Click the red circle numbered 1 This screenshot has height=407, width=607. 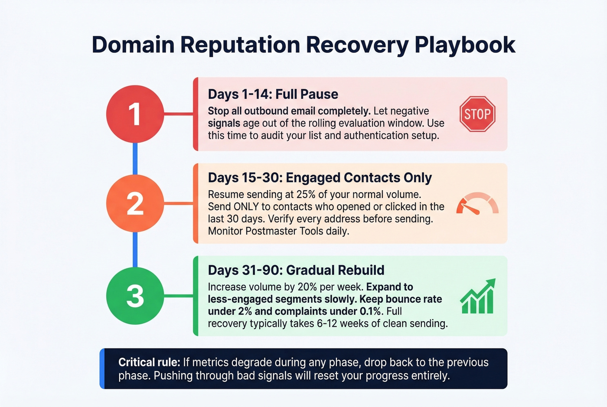point(135,114)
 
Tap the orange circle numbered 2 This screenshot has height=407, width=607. point(135,203)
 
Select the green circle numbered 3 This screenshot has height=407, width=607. point(135,296)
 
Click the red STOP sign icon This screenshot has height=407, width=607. point(477,114)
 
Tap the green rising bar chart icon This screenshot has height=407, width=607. point(477,297)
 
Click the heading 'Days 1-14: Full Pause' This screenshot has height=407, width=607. point(273,94)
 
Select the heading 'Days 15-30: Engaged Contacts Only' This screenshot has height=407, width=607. point(320,178)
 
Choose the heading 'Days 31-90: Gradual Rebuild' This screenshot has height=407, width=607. point(296,270)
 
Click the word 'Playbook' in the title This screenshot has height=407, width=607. point(465,45)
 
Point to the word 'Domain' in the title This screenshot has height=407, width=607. point(133,45)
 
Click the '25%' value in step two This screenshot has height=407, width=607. point(306,194)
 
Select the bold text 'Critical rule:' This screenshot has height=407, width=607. point(149,362)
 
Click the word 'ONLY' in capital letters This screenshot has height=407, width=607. point(246,207)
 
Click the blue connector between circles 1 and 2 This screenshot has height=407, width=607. point(135,159)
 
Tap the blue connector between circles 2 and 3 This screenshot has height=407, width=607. point(135,250)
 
